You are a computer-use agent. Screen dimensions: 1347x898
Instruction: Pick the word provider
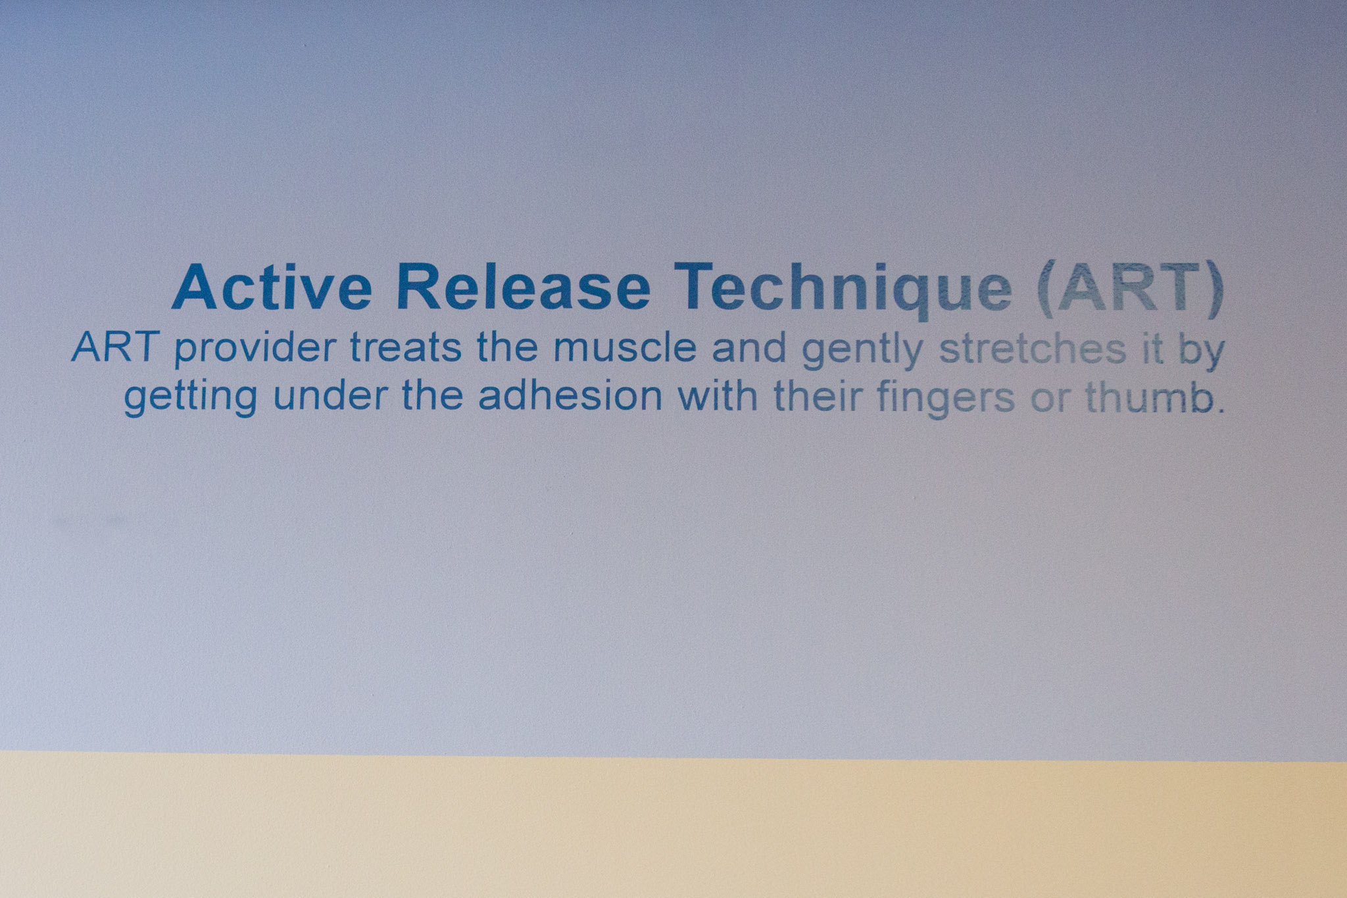coord(255,350)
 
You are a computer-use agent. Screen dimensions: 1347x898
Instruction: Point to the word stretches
coord(1032,348)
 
